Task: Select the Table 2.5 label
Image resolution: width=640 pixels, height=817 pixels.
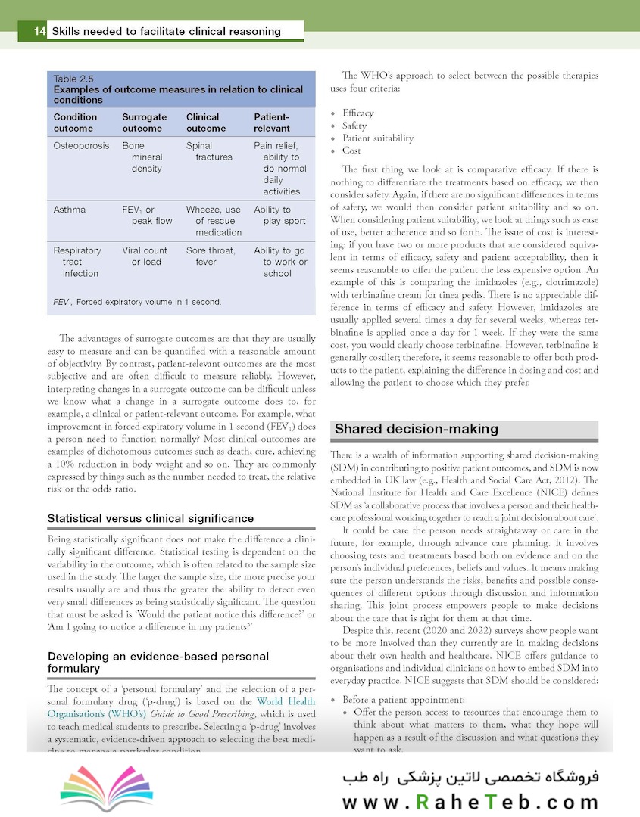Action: click(73, 78)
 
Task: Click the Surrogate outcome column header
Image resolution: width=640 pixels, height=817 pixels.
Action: click(144, 123)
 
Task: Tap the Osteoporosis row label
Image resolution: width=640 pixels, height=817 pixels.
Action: click(81, 145)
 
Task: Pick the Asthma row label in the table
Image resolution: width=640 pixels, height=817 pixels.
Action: click(69, 210)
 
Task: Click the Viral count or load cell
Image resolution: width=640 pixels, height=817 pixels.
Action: click(145, 256)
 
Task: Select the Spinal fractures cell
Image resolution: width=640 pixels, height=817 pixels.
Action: click(209, 151)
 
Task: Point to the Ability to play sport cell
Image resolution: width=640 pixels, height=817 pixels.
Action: click(279, 216)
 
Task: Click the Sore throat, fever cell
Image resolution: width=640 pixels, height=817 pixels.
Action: click(211, 256)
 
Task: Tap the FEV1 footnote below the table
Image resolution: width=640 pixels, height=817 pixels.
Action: click(137, 302)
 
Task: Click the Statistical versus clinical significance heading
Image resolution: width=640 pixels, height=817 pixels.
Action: click(150, 518)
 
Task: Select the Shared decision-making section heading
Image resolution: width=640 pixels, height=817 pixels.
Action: click(417, 429)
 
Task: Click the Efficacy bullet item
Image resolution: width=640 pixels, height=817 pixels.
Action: click(357, 113)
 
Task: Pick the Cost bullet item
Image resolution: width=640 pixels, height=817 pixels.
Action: click(351, 151)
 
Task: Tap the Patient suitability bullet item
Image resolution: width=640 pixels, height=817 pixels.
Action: click(377, 138)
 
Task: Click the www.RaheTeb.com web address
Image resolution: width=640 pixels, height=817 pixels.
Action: click(470, 803)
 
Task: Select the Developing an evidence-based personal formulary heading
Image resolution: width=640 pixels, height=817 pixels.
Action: click(158, 662)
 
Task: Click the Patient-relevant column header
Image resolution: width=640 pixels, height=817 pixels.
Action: click(272, 123)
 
